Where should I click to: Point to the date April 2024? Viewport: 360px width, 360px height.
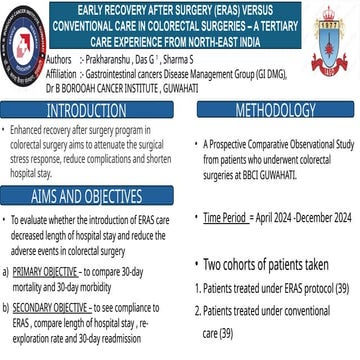[x=277, y=215]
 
